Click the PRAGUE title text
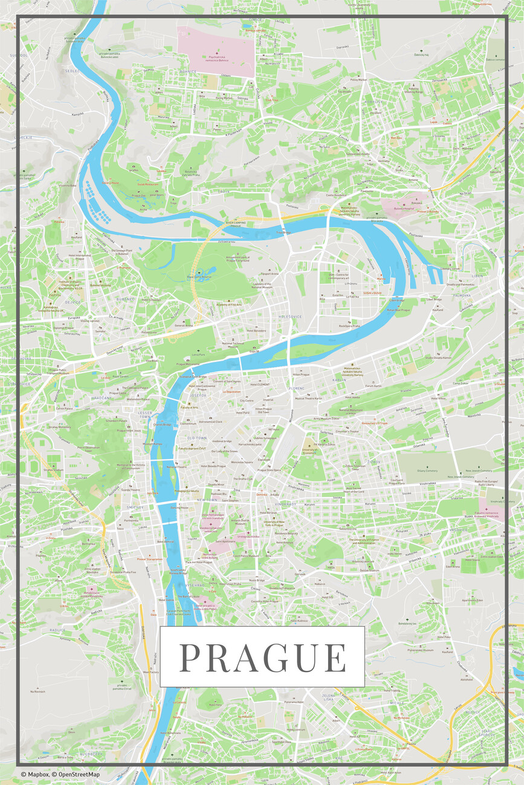[x=262, y=658]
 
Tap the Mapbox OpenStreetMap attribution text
[x=60, y=774]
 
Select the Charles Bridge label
[x=163, y=425]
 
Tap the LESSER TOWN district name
[x=144, y=414]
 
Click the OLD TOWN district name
[x=196, y=437]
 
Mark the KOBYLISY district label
[x=374, y=102]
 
